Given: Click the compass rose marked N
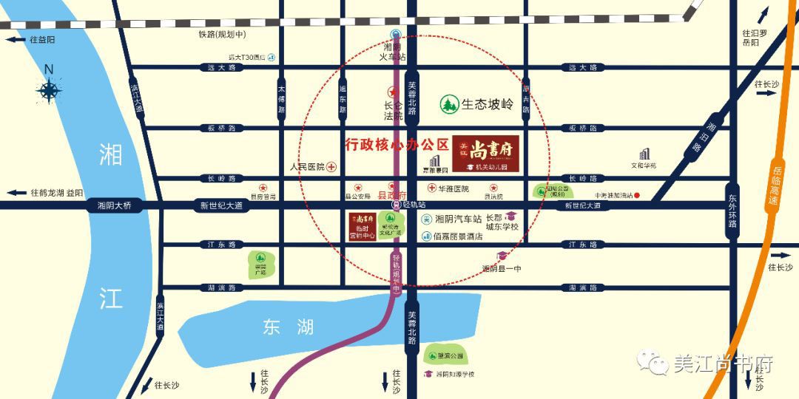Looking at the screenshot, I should tap(50, 90).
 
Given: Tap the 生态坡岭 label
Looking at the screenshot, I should tap(488, 104).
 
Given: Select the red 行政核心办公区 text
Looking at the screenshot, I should tap(397, 143).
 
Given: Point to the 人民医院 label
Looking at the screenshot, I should tap(308, 167).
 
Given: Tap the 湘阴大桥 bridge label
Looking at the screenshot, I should tap(109, 205).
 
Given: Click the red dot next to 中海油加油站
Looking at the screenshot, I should tap(647, 196).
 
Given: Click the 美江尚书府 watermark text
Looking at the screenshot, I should tap(722, 364).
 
